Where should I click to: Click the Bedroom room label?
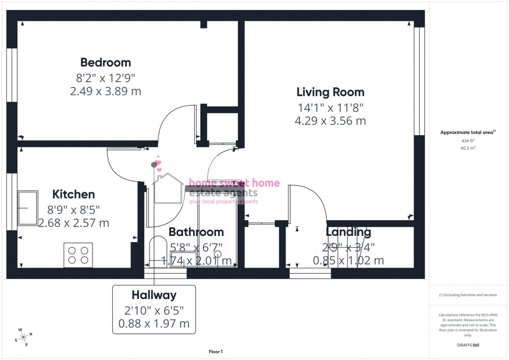[105, 63]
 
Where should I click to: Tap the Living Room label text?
[330, 92]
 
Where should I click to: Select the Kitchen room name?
[74, 195]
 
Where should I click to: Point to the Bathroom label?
[196, 232]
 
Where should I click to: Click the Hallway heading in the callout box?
[154, 296]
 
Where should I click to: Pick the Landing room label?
[348, 232]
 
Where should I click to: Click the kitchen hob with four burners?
[78, 255]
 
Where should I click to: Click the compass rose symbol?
[24, 337]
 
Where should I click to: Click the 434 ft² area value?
[468, 141]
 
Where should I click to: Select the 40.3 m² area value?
[468, 148]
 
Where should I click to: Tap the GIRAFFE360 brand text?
[468, 344]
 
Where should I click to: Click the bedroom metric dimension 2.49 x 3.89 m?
[105, 91]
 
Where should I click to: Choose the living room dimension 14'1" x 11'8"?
[330, 108]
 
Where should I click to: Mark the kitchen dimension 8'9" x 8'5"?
[74, 210]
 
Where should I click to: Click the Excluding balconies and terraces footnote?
[468, 295]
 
